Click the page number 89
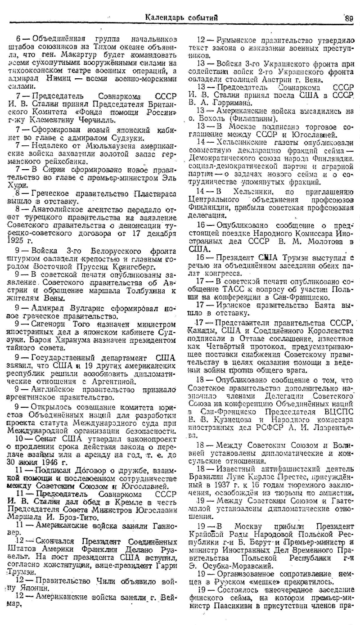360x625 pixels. pos(349,18)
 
